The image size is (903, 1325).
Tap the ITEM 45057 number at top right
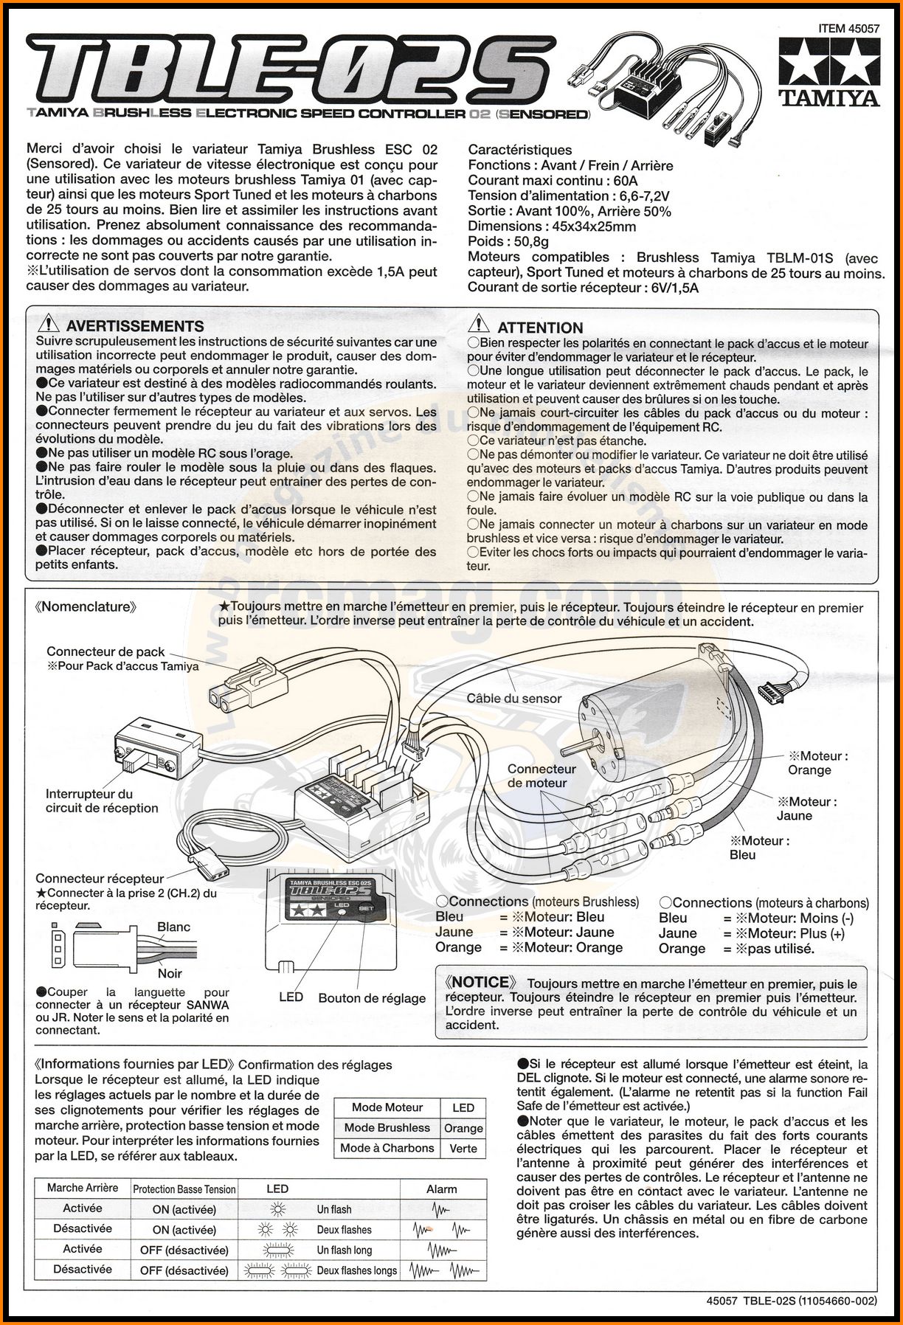(848, 29)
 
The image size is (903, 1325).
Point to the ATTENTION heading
(540, 328)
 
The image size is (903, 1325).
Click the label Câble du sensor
(513, 698)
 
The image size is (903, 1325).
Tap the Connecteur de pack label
(105, 651)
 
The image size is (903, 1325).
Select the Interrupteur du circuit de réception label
(101, 800)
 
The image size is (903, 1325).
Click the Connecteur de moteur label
(541, 775)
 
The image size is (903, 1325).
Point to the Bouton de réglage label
(372, 998)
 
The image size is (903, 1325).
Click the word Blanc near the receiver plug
(173, 927)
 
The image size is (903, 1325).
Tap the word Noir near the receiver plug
(170, 973)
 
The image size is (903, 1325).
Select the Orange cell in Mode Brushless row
(463, 1128)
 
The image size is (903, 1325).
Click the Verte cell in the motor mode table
(463, 1148)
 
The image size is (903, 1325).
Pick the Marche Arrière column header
(82, 1188)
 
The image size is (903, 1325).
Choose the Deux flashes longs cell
(356, 1270)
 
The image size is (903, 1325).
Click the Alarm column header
(441, 1189)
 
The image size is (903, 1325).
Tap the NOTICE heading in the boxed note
(481, 982)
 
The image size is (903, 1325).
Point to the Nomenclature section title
(86, 607)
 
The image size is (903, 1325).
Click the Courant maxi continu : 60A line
(553, 181)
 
